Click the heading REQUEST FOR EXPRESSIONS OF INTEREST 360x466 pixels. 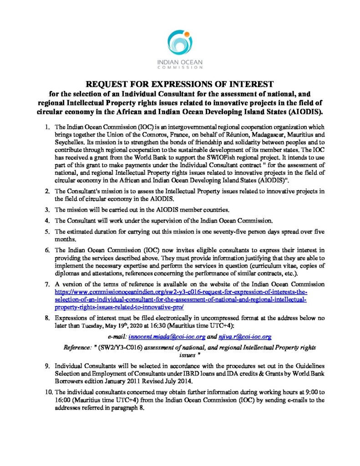click(180, 84)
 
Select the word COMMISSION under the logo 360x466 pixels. click(180, 67)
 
